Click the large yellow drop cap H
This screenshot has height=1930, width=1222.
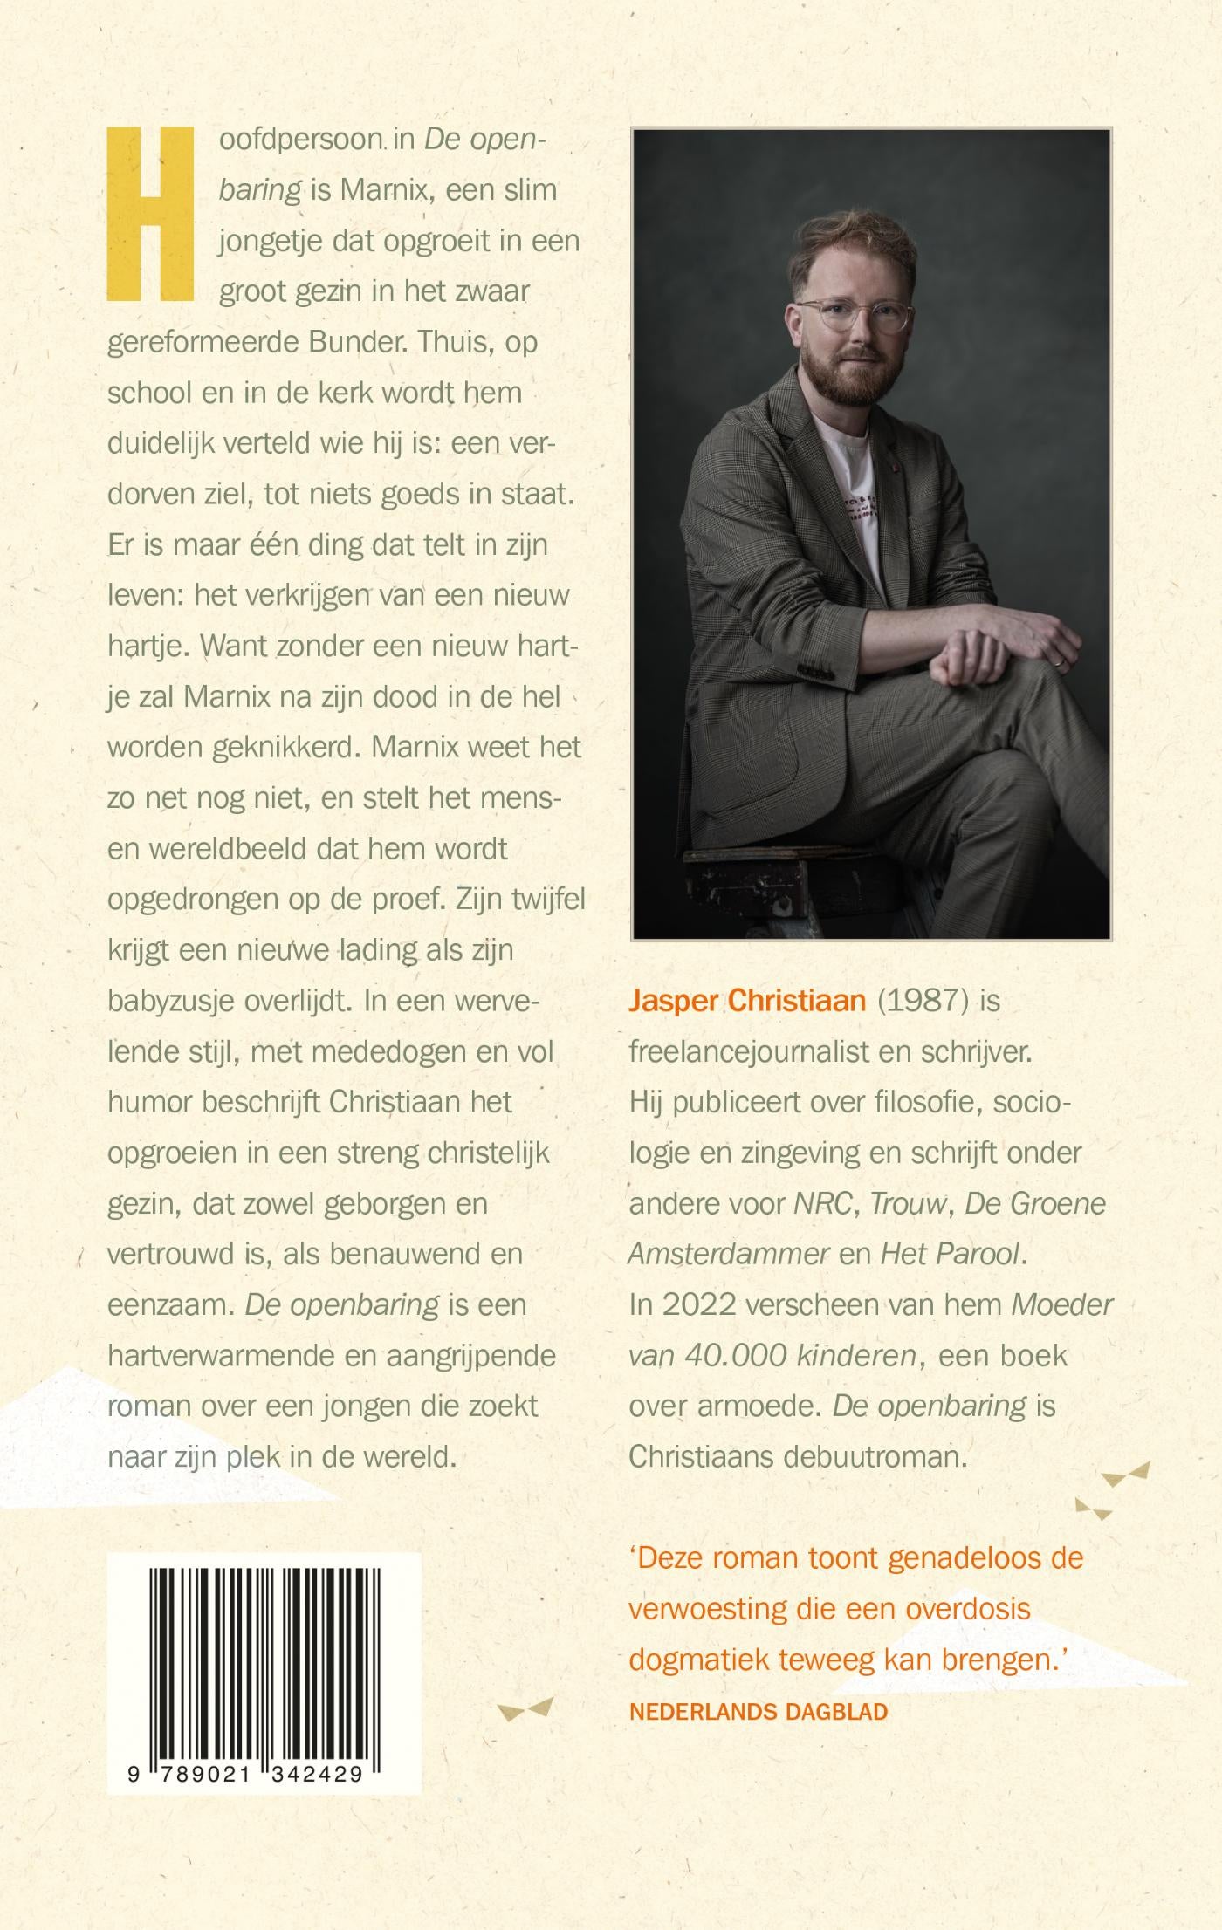point(149,211)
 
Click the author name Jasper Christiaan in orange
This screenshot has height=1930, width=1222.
point(747,1000)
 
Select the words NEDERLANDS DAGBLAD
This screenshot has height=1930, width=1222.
point(758,1711)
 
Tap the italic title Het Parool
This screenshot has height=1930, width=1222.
point(950,1255)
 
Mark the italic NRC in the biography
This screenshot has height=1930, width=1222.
point(821,1204)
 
